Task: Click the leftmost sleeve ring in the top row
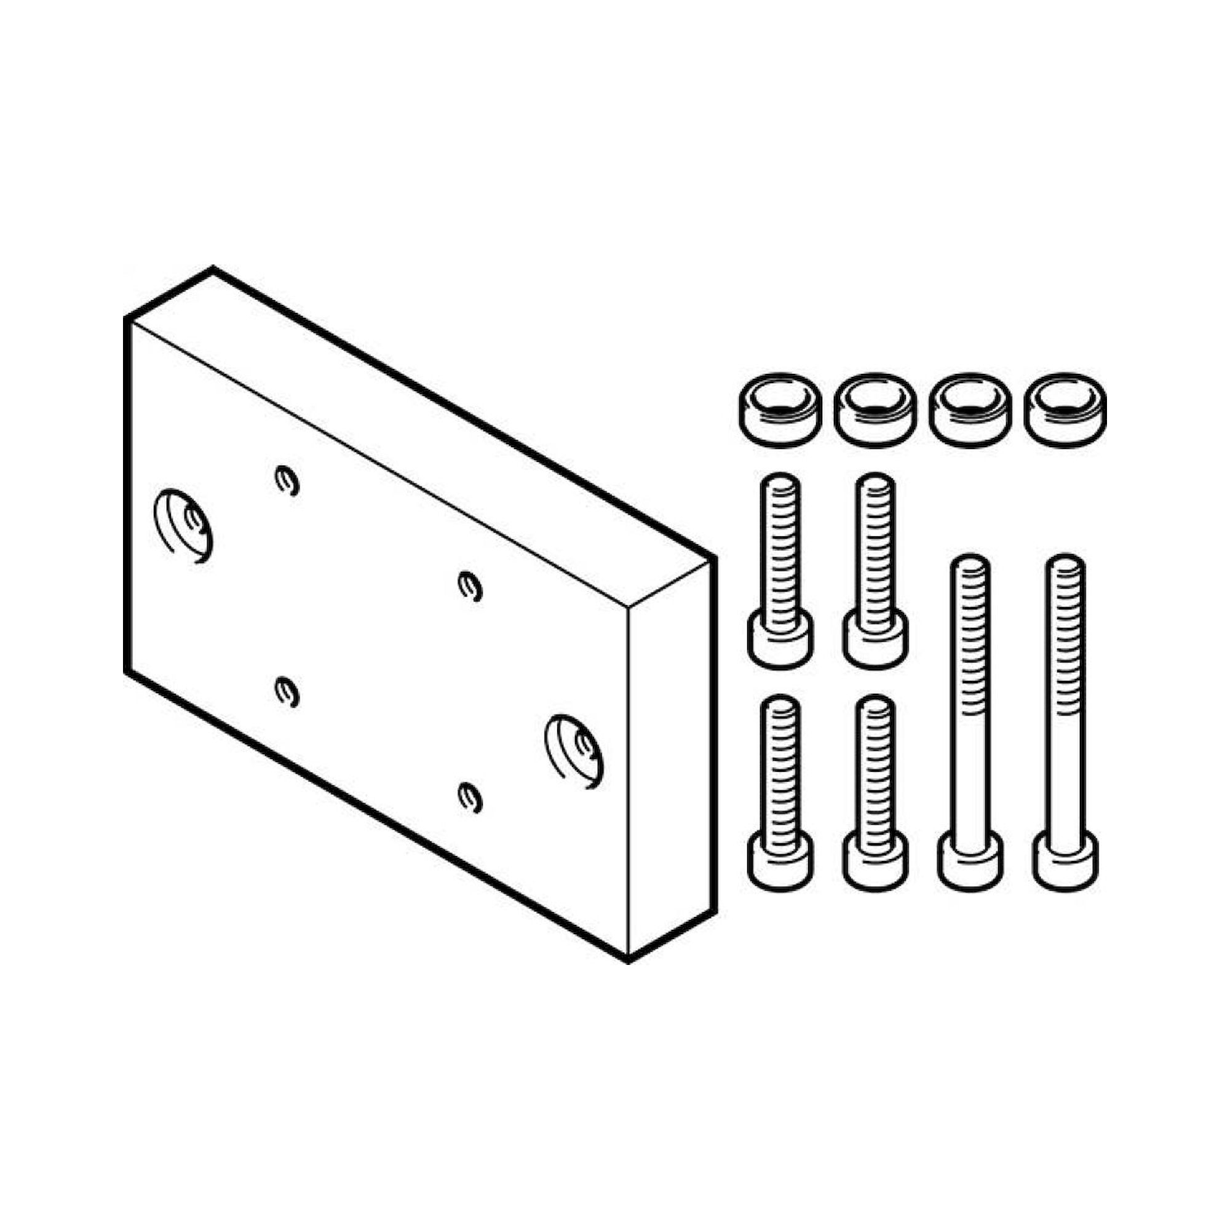pyautogui.click(x=779, y=410)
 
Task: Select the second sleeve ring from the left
pyautogui.click(x=875, y=410)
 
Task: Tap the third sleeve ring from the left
pyautogui.click(x=970, y=410)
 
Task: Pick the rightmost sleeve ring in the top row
pyautogui.click(x=1065, y=410)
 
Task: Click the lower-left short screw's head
pyautogui.click(x=780, y=860)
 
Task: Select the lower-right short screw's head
pyautogui.click(x=875, y=860)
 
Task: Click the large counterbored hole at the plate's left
pyautogui.click(x=184, y=526)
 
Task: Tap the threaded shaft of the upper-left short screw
pyautogui.click(x=780, y=547)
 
